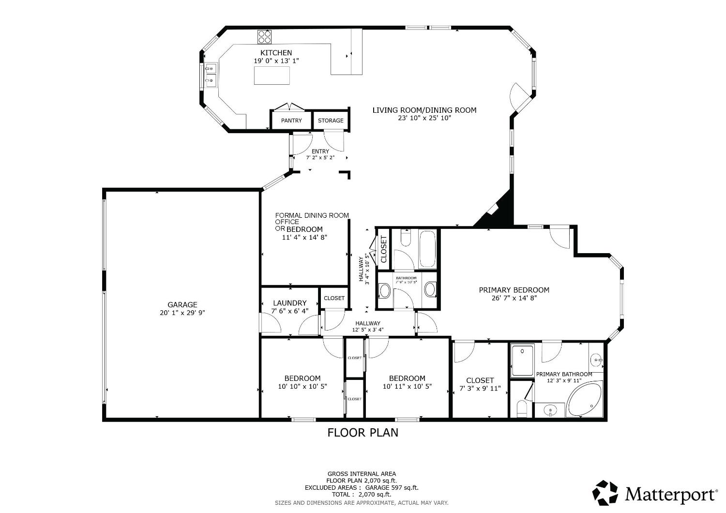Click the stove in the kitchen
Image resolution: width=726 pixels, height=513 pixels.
coord(264,37)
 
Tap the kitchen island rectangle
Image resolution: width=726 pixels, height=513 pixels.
coord(272,75)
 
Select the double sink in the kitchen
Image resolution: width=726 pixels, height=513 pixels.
coord(211,75)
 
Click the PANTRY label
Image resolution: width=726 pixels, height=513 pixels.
coord(291,121)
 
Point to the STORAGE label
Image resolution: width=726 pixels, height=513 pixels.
coord(331,121)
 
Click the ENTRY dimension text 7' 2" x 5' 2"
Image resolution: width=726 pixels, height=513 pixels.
coord(320,158)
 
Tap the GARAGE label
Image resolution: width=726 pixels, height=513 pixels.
coord(182,304)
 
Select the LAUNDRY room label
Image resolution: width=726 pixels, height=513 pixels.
coord(289,303)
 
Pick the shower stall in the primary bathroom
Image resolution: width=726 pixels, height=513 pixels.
coord(523,360)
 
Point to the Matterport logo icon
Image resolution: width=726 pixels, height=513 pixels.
coord(605,493)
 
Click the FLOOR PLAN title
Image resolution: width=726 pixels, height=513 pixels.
coord(363,432)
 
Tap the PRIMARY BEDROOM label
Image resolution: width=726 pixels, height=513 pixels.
coord(514,290)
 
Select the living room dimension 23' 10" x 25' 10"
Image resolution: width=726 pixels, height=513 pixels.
coord(424,118)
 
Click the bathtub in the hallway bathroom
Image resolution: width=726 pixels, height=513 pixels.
coord(427,249)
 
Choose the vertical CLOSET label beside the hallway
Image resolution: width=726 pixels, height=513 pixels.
coord(384,249)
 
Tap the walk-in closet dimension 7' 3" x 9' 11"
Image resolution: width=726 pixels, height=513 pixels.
coord(480,388)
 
